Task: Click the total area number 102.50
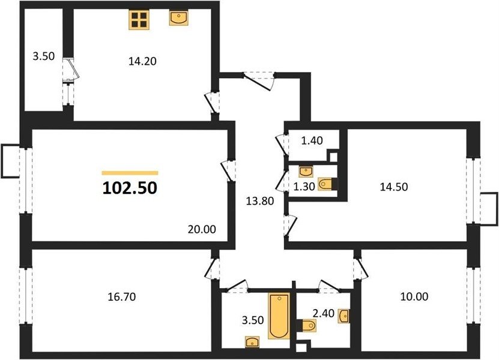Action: [x=130, y=188]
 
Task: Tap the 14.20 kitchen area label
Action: [x=142, y=61]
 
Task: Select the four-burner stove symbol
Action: [x=139, y=20]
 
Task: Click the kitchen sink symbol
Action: [x=178, y=17]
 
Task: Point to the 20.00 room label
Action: [x=202, y=229]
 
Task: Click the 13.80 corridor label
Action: [x=260, y=200]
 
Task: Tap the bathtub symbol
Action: [x=279, y=316]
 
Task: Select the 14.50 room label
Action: [x=394, y=187]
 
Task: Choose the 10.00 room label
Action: [x=414, y=296]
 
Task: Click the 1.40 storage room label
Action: [x=312, y=140]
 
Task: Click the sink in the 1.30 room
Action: [x=306, y=172]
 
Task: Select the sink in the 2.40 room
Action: [x=343, y=316]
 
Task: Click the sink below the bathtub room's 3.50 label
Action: [x=252, y=342]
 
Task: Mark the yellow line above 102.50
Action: [x=130, y=173]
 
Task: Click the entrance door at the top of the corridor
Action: [x=259, y=82]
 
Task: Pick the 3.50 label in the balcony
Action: [x=44, y=56]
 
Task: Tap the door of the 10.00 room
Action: [x=360, y=268]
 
